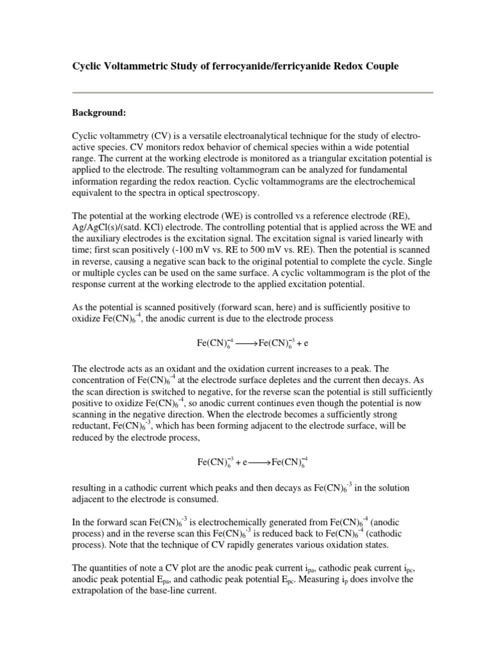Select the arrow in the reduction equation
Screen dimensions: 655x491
point(258,461)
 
